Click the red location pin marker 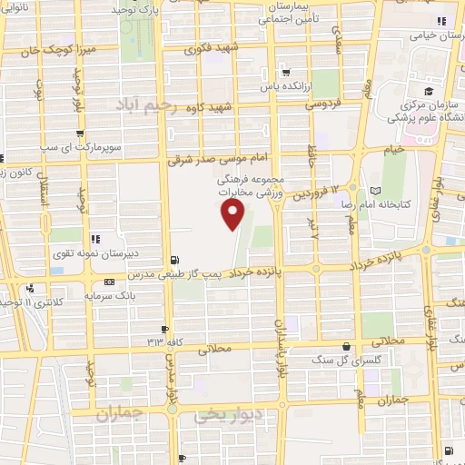point(233,215)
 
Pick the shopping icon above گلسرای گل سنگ point(346,346)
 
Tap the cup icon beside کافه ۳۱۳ point(164,329)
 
